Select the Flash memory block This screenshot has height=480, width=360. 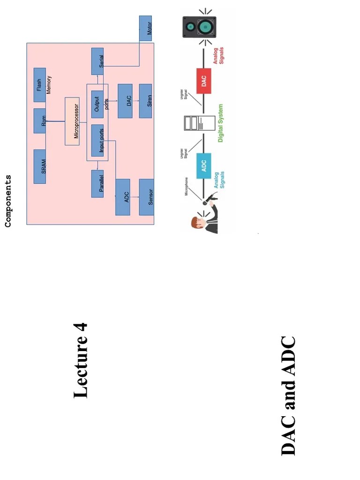pos(40,85)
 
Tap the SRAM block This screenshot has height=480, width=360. pos(40,166)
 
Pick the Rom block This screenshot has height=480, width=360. pos(40,121)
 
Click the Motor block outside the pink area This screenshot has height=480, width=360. pos(146,28)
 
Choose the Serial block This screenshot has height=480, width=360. pos(97,61)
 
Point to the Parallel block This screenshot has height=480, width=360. pos(97,184)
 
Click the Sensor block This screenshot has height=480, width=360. pos(146,197)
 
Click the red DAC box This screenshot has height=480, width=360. pos(204,82)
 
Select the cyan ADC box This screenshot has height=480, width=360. pos(204,165)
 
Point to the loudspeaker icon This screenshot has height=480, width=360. pos(199,27)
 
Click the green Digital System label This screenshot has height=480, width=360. pos(221,123)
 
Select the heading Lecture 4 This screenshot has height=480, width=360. pos(81,360)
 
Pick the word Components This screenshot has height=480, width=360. pos(8,201)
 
